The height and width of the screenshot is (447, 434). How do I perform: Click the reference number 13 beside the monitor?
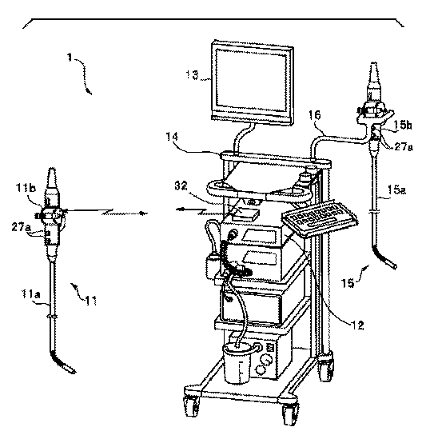(x=192, y=75)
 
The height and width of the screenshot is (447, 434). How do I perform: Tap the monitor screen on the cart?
(x=251, y=81)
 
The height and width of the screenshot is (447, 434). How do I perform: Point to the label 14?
(x=172, y=137)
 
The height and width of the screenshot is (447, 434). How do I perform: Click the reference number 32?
(x=181, y=186)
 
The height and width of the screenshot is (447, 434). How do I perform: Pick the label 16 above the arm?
(x=315, y=115)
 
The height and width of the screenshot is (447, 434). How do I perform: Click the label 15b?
(x=403, y=125)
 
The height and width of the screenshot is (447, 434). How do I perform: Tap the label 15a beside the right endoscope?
(x=396, y=190)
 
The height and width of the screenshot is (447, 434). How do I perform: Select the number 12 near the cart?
(x=357, y=325)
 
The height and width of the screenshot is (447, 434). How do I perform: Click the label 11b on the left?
(x=26, y=188)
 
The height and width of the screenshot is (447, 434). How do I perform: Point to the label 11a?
(x=31, y=294)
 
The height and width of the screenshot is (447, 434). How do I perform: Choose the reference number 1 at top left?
(x=70, y=58)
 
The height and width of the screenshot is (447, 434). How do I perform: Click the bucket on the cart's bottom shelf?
(x=238, y=362)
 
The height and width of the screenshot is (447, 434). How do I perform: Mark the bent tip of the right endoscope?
(x=384, y=258)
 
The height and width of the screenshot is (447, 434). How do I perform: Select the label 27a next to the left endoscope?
(x=21, y=227)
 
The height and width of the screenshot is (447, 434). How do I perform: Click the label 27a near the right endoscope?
(x=404, y=146)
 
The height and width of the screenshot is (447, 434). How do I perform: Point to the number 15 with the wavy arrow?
(x=348, y=283)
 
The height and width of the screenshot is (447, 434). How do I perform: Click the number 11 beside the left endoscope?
(x=91, y=301)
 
